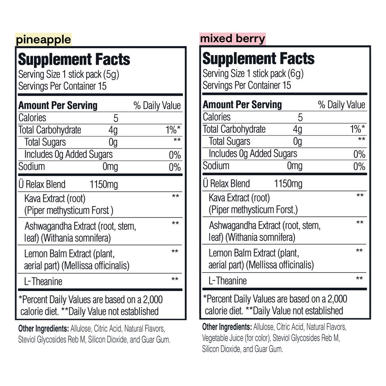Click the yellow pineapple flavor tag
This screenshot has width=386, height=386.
coord(43,39)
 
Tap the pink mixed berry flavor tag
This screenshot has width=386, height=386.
coord(233,38)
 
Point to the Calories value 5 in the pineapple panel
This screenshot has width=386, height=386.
coord(116,118)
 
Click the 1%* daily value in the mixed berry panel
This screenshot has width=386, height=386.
coord(357,129)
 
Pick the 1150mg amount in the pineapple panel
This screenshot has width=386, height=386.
coord(104,184)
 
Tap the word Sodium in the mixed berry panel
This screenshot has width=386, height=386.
coord(216,165)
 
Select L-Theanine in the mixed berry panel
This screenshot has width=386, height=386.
coord(228,280)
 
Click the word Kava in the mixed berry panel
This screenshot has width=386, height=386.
coord(218,198)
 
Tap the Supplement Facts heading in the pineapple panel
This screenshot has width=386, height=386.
coord(74,59)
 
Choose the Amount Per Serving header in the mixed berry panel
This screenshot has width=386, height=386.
coord(242,104)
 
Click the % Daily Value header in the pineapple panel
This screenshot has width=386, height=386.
coord(157,106)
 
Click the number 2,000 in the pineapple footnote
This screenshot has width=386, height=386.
coord(150,300)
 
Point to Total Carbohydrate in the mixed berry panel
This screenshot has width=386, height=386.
coord(234,129)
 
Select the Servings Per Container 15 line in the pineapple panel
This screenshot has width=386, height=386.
coord(63,86)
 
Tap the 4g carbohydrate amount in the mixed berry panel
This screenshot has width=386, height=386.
coord(297,129)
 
